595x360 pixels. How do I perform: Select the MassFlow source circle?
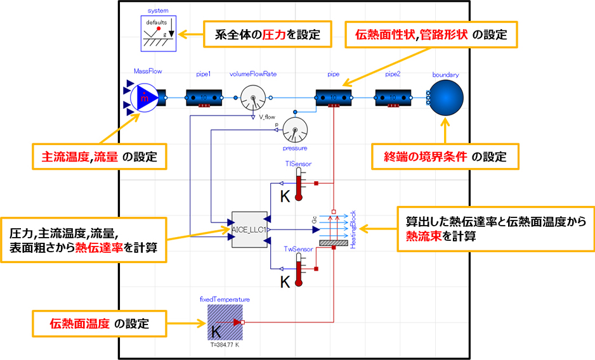145,98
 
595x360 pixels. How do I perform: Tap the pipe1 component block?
204,98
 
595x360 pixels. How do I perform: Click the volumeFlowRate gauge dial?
253,98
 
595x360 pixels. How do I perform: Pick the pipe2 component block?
393,98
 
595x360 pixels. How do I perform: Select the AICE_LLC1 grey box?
249,229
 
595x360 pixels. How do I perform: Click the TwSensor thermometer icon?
300,268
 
